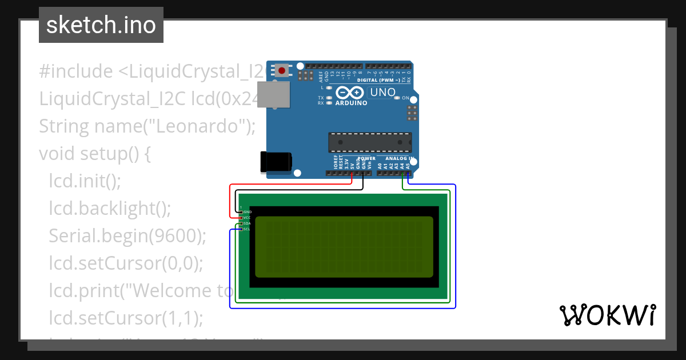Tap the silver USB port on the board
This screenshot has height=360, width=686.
[273, 94]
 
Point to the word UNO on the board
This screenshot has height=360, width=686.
[383, 92]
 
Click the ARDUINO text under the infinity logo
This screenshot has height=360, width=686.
[352, 103]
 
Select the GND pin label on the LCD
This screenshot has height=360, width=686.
[248, 212]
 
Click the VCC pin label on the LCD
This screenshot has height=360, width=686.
[248, 218]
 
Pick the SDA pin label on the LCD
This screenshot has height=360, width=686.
[248, 223]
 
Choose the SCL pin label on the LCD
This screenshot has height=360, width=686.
[248, 229]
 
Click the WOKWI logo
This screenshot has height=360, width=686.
[607, 315]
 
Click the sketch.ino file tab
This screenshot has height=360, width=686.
[101, 25]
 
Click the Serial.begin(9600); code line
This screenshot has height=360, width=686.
[127, 235]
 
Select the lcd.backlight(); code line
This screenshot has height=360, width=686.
[110, 209]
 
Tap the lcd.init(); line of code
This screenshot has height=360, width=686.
[85, 181]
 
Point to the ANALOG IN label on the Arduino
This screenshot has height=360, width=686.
[400, 158]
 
